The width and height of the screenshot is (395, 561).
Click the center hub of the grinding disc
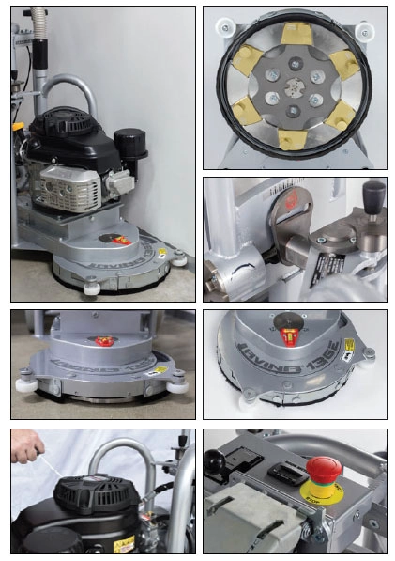click(294, 91)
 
